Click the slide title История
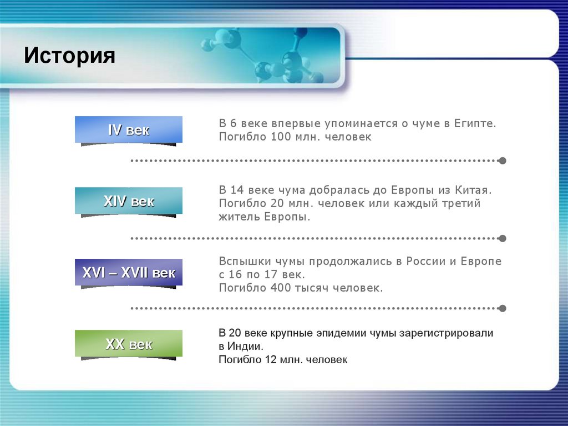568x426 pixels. click(x=69, y=56)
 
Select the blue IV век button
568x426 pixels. click(x=129, y=130)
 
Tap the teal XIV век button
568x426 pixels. click(x=129, y=201)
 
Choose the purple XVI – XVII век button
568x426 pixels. click(x=129, y=273)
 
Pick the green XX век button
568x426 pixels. click(x=129, y=344)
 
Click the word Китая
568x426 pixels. click(x=474, y=190)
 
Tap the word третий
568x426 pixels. click(x=459, y=203)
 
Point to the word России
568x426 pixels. click(x=427, y=261)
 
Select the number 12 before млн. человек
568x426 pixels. click(x=270, y=360)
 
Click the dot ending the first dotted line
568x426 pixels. click(x=503, y=161)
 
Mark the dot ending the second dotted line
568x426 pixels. click(x=503, y=238)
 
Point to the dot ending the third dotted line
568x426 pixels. click(x=503, y=308)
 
